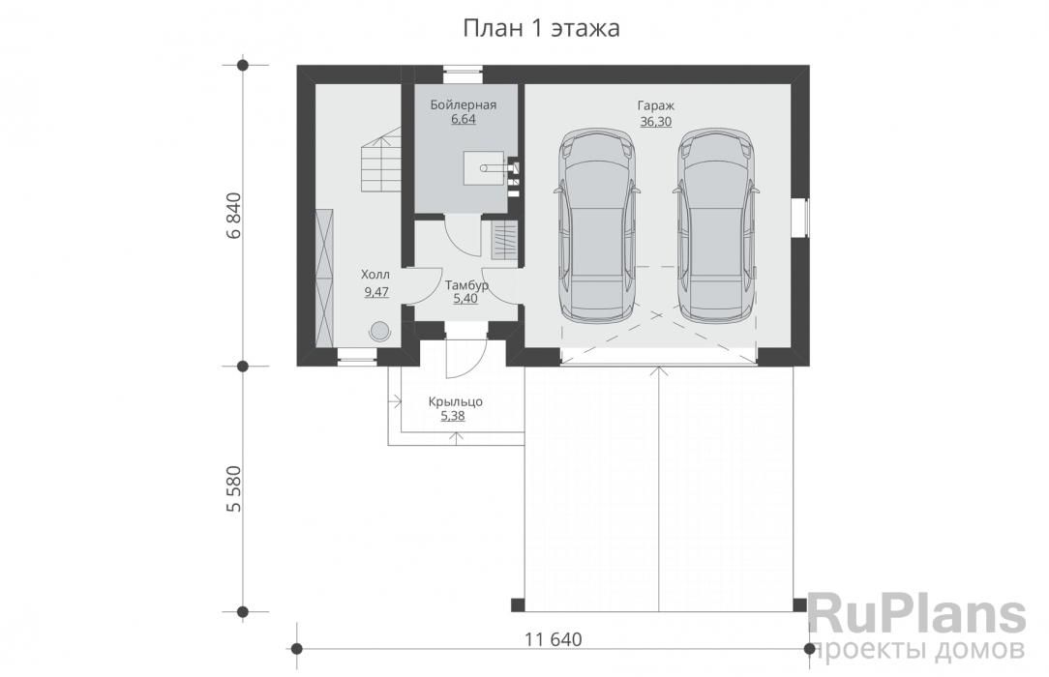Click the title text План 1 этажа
(541, 29)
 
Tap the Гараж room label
(656, 105)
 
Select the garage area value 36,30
(656, 122)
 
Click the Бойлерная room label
(463, 104)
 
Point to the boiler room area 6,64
(463, 120)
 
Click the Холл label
(375, 275)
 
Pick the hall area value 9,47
(376, 292)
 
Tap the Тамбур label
(467, 285)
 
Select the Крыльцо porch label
(456, 401)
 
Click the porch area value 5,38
(453, 416)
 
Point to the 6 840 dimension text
(233, 216)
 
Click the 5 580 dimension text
(233, 488)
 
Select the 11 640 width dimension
(554, 639)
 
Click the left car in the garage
(596, 223)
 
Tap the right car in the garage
(716, 223)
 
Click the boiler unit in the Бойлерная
(482, 167)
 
